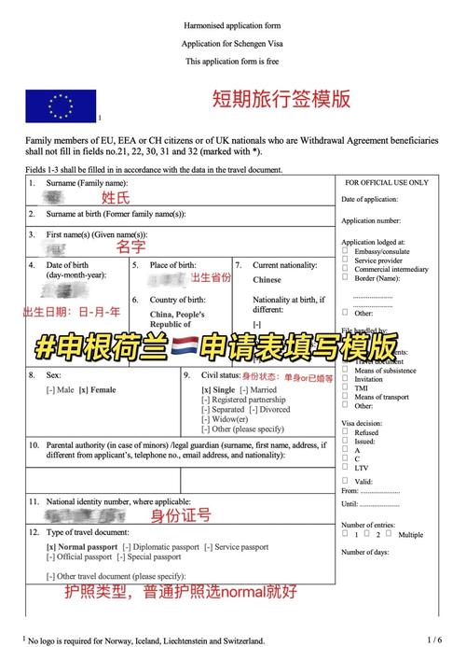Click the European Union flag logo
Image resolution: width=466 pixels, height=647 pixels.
point(61,105)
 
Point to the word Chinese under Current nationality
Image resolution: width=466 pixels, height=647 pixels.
point(267,279)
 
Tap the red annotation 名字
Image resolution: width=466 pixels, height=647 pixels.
point(130,247)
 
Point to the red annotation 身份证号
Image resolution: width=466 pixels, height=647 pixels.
point(181,515)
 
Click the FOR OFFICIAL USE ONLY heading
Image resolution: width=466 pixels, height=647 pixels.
point(387,183)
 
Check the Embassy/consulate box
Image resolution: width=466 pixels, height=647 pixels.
point(346,250)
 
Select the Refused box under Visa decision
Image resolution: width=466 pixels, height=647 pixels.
point(346,432)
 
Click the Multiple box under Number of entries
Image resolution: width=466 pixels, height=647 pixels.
point(391,534)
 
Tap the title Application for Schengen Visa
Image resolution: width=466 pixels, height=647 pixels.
point(232,45)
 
